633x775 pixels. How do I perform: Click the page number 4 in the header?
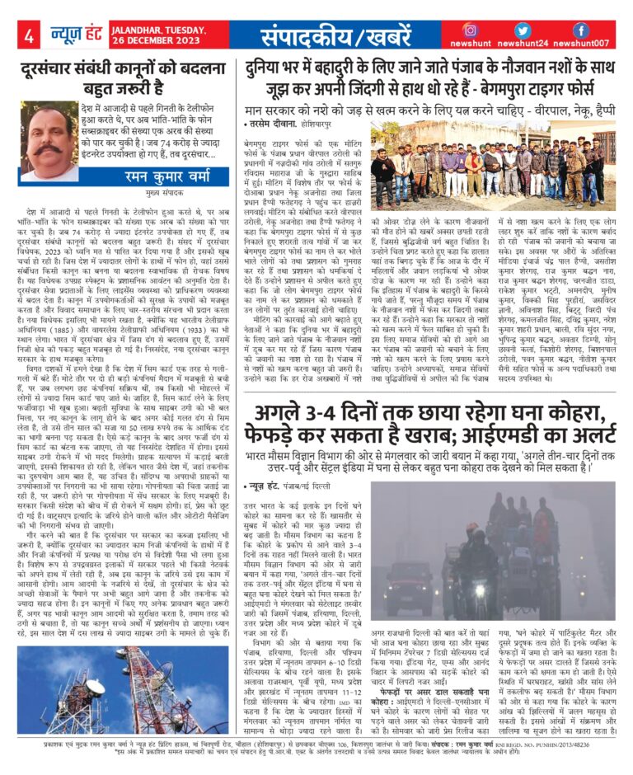coord(28,36)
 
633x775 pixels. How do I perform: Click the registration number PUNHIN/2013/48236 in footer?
coord(584,745)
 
